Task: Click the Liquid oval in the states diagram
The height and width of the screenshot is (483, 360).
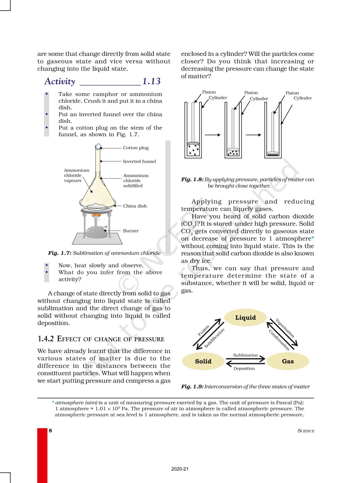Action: click(245, 318)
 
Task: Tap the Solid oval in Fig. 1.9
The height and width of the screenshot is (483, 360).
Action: click(203, 361)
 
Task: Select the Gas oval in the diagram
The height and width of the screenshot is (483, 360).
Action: click(288, 361)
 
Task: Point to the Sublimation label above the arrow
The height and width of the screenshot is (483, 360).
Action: click(245, 355)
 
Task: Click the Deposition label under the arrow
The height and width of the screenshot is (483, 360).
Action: click(244, 369)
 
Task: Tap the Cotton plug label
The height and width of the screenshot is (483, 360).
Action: click(136, 148)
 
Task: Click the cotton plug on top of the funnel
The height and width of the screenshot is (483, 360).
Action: click(98, 146)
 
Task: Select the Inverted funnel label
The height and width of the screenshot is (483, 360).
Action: click(139, 161)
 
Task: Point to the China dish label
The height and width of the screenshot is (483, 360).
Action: click(135, 206)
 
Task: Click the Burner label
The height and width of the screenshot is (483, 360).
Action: click(131, 231)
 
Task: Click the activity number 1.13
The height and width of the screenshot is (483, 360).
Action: click(151, 81)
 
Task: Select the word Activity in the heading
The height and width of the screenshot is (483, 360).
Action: click(60, 81)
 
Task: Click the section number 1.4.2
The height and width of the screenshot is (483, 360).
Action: click(46, 339)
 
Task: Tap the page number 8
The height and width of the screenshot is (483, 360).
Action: click(51, 431)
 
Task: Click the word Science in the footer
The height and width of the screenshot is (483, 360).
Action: click(306, 431)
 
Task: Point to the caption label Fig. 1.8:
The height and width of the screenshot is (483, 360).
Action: click(192, 179)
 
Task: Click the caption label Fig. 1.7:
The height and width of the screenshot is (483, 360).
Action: click(60, 253)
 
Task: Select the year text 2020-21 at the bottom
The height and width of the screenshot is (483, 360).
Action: click(180, 469)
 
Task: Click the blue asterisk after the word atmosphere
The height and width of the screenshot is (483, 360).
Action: click(313, 238)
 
